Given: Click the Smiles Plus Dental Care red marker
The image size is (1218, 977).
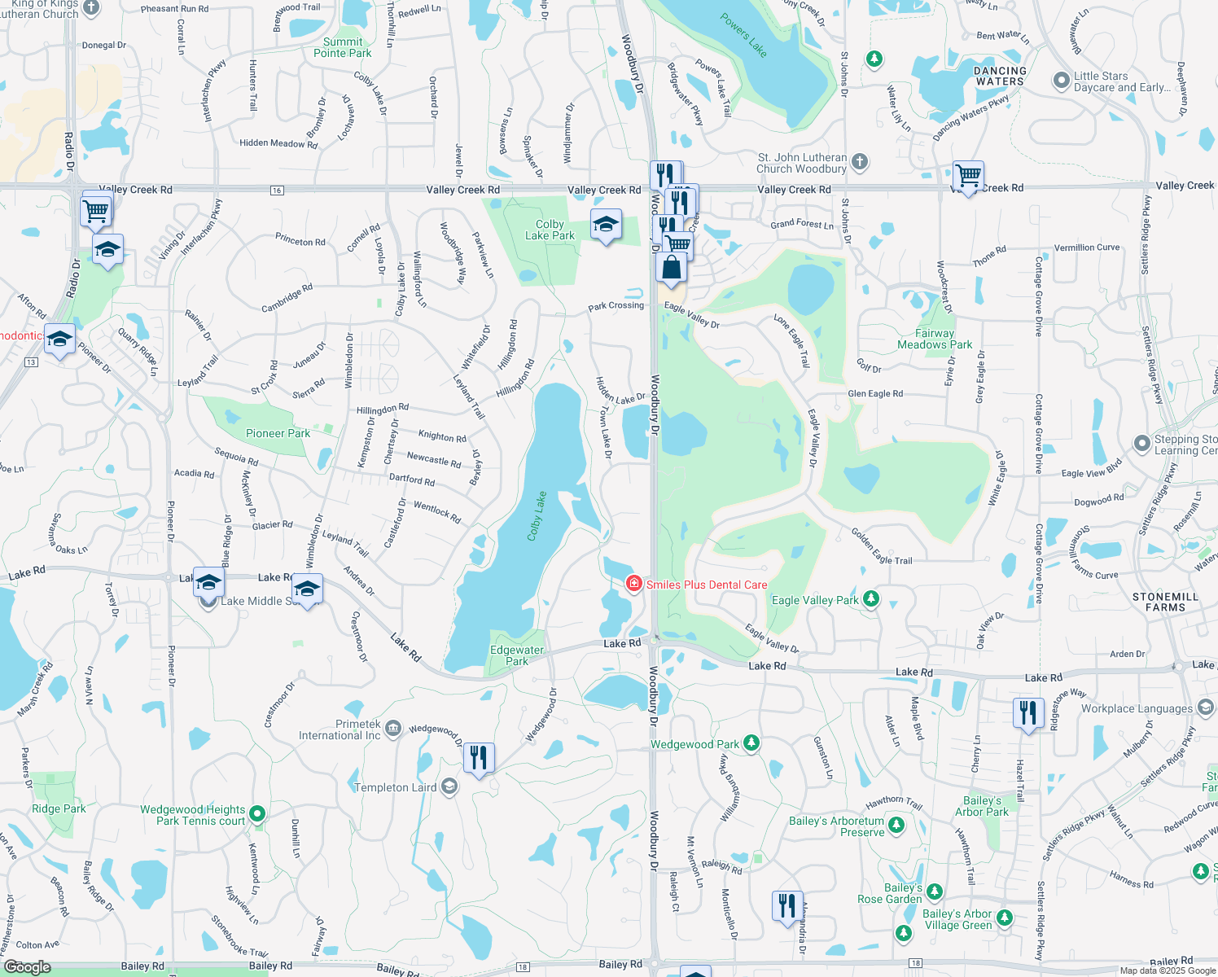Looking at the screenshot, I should click(633, 584).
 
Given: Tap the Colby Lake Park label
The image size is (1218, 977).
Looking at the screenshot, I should click(550, 230).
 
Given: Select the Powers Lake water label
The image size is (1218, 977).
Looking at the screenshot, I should click(743, 36).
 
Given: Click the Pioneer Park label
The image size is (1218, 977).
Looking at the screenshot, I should click(278, 433).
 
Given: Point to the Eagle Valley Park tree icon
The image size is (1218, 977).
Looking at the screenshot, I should click(871, 599).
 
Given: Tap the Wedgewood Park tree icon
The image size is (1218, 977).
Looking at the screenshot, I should click(751, 743).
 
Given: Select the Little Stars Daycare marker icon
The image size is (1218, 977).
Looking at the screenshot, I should click(1060, 81).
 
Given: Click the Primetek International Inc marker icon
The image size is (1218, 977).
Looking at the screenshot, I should click(393, 727).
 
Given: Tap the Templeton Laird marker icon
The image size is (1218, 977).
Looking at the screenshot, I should click(449, 787).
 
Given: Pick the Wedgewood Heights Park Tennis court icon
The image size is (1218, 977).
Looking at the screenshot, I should click(257, 813).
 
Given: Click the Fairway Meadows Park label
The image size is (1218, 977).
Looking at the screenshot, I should click(935, 339).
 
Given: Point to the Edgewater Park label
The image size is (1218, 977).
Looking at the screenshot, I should click(516, 655).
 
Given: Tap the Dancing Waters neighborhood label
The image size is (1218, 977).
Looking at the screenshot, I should click(1000, 76).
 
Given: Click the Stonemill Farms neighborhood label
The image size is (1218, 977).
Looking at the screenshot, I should click(1165, 602).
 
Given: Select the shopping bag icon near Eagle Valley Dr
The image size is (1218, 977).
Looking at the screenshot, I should click(671, 268).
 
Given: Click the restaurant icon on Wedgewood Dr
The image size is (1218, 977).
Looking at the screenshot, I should click(478, 758).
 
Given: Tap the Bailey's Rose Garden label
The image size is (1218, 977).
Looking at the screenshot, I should click(890, 893).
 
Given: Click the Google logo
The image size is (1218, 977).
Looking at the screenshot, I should click(27, 967).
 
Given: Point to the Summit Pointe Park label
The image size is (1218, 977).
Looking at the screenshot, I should click(343, 47).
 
